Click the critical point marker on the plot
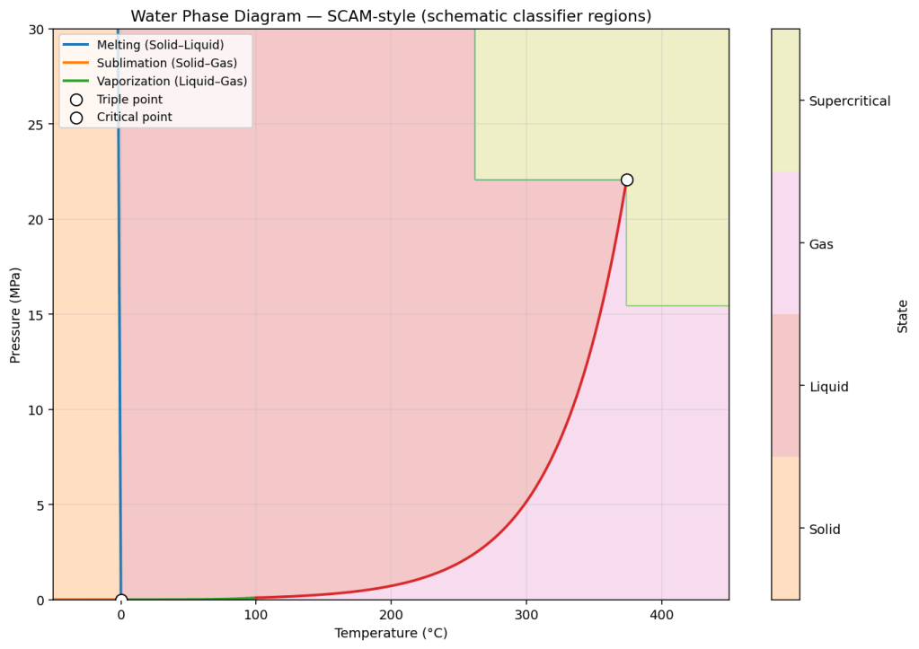click(627, 180)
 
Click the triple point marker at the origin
click(121, 600)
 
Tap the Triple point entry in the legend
click(129, 100)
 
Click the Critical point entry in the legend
click(134, 118)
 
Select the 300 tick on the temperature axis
click(526, 616)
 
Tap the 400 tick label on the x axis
click(662, 616)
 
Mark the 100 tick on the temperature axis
click(256, 616)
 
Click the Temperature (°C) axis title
click(391, 634)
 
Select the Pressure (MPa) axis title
click(15, 314)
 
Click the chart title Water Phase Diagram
click(391, 16)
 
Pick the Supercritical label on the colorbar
click(850, 101)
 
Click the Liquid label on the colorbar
click(829, 387)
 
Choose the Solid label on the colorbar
click(825, 530)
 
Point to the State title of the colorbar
click(903, 316)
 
